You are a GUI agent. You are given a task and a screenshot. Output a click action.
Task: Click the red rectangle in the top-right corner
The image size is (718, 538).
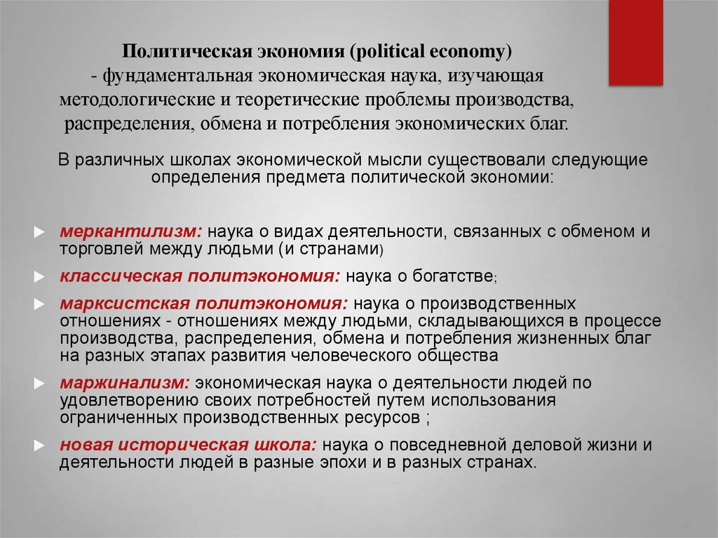[x=636, y=42]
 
